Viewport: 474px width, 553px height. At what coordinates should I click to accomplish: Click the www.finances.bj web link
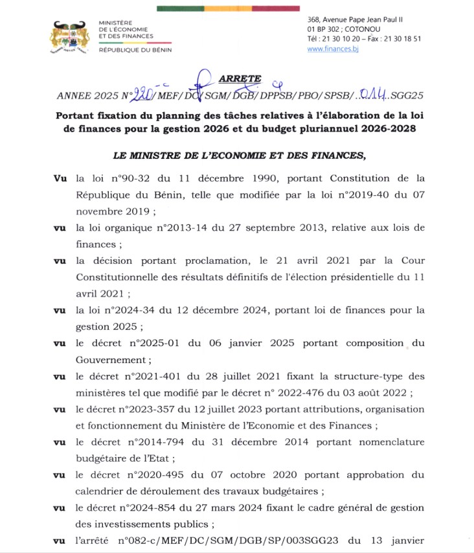pyautogui.click(x=333, y=49)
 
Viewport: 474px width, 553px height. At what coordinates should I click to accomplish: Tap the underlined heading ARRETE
pyautogui.click(x=240, y=78)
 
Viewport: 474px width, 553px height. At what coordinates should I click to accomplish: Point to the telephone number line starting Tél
pyautogui.click(x=364, y=39)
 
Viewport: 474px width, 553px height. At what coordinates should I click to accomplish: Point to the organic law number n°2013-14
pyautogui.click(x=169, y=228)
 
